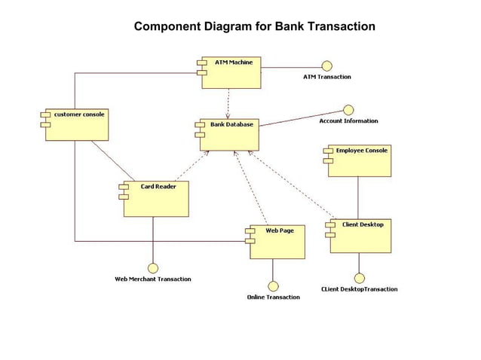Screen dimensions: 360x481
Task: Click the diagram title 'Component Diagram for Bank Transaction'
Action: tap(254, 27)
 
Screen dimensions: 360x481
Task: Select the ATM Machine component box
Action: tap(231, 72)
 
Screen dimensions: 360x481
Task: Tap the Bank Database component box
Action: tap(228, 134)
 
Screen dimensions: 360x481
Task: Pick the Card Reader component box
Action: tap(155, 199)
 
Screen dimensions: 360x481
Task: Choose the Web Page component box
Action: tap(277, 242)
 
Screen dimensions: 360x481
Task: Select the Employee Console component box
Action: tap(360, 161)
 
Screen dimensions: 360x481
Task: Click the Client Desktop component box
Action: tap(360, 236)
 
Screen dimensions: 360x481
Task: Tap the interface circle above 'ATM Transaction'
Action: tap(326, 66)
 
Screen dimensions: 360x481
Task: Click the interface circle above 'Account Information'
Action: tap(348, 110)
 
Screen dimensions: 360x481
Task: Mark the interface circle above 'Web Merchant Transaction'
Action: tap(153, 268)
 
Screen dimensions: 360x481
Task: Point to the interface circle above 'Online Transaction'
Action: tap(273, 286)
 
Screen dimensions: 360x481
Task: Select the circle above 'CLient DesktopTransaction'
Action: tap(359, 278)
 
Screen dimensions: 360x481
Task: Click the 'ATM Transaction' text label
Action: tap(326, 77)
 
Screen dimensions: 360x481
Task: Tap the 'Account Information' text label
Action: tap(348, 121)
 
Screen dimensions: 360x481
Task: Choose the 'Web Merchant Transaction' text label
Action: tap(153, 279)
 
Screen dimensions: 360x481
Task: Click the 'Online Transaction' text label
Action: tap(273, 297)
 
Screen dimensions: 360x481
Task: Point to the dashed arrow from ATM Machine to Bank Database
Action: tap(228, 102)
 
